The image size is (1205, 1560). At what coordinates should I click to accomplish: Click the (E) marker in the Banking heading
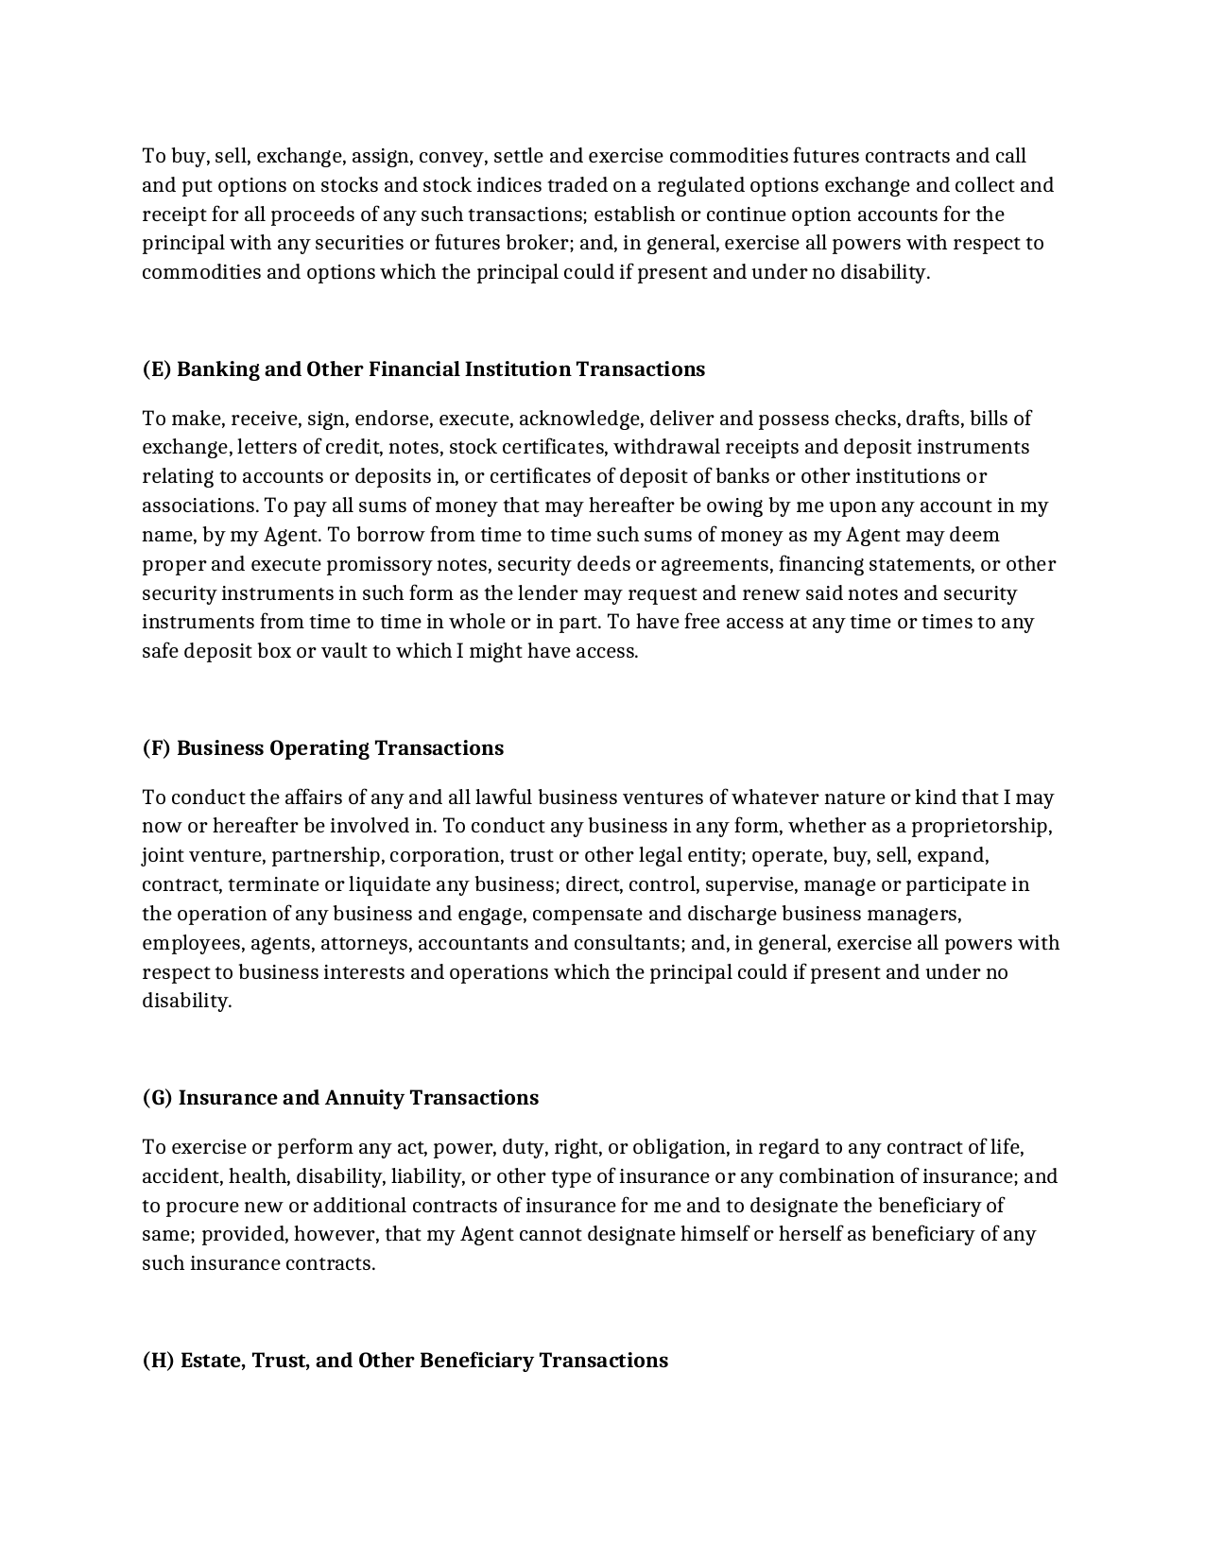tap(157, 369)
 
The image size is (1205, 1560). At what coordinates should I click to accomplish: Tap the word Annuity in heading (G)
tap(365, 1098)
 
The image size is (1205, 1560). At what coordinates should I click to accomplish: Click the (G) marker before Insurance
tap(158, 1098)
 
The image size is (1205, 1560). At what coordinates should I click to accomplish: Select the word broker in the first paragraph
tap(536, 244)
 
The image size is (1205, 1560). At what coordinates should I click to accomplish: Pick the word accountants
tap(473, 944)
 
